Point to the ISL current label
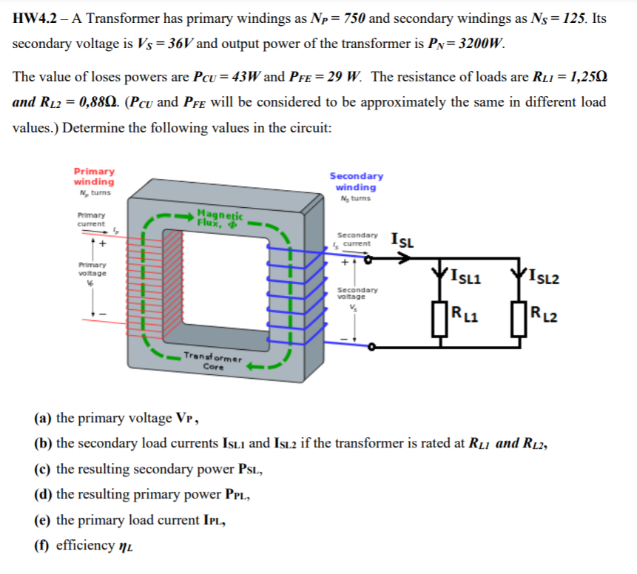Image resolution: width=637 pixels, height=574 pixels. pos(403,240)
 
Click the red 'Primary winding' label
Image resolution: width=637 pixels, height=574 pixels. pos(94,176)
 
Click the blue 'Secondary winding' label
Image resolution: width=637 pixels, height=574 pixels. pos(356,181)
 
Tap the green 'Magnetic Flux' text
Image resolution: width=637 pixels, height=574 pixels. pos(215,215)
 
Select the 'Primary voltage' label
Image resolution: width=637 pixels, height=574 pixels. pos(92,269)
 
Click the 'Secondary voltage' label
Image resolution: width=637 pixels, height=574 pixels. pos(357,293)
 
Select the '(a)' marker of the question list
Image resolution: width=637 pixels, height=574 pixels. pos(43,418)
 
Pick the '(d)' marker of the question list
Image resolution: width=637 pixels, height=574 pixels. pos(43,494)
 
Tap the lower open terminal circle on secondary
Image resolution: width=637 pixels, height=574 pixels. pos(372,346)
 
